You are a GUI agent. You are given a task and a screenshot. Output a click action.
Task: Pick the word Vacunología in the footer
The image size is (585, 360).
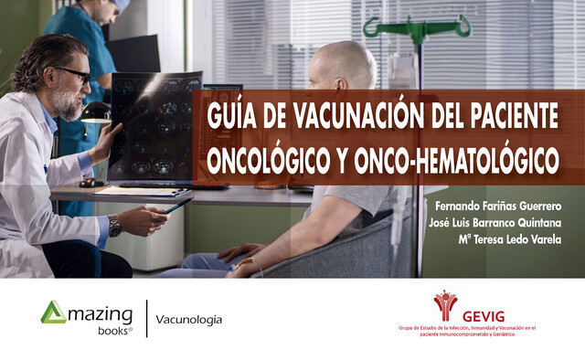pos(189,320)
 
